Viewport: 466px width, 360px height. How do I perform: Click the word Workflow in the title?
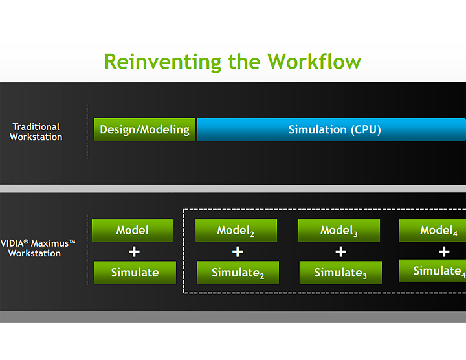(315, 62)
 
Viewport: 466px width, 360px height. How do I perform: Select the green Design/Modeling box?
(144, 129)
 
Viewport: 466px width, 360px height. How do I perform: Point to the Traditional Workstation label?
(36, 132)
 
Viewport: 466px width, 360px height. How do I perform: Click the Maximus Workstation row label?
(38, 248)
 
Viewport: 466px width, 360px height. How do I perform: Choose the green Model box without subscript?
(133, 231)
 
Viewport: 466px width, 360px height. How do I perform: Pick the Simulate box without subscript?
(135, 273)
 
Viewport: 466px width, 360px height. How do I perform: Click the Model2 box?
(236, 231)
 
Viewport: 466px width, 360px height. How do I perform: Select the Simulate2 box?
(238, 273)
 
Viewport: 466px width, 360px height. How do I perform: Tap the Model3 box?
(339, 231)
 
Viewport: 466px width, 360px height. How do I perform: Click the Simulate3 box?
(340, 273)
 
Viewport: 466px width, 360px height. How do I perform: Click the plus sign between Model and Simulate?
(135, 252)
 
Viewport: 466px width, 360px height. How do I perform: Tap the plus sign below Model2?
(238, 252)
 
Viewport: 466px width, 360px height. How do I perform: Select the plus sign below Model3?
(341, 252)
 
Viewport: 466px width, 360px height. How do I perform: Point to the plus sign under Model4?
(444, 252)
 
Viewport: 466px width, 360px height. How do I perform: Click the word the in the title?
(245, 62)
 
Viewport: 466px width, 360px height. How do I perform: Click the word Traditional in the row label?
(36, 127)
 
